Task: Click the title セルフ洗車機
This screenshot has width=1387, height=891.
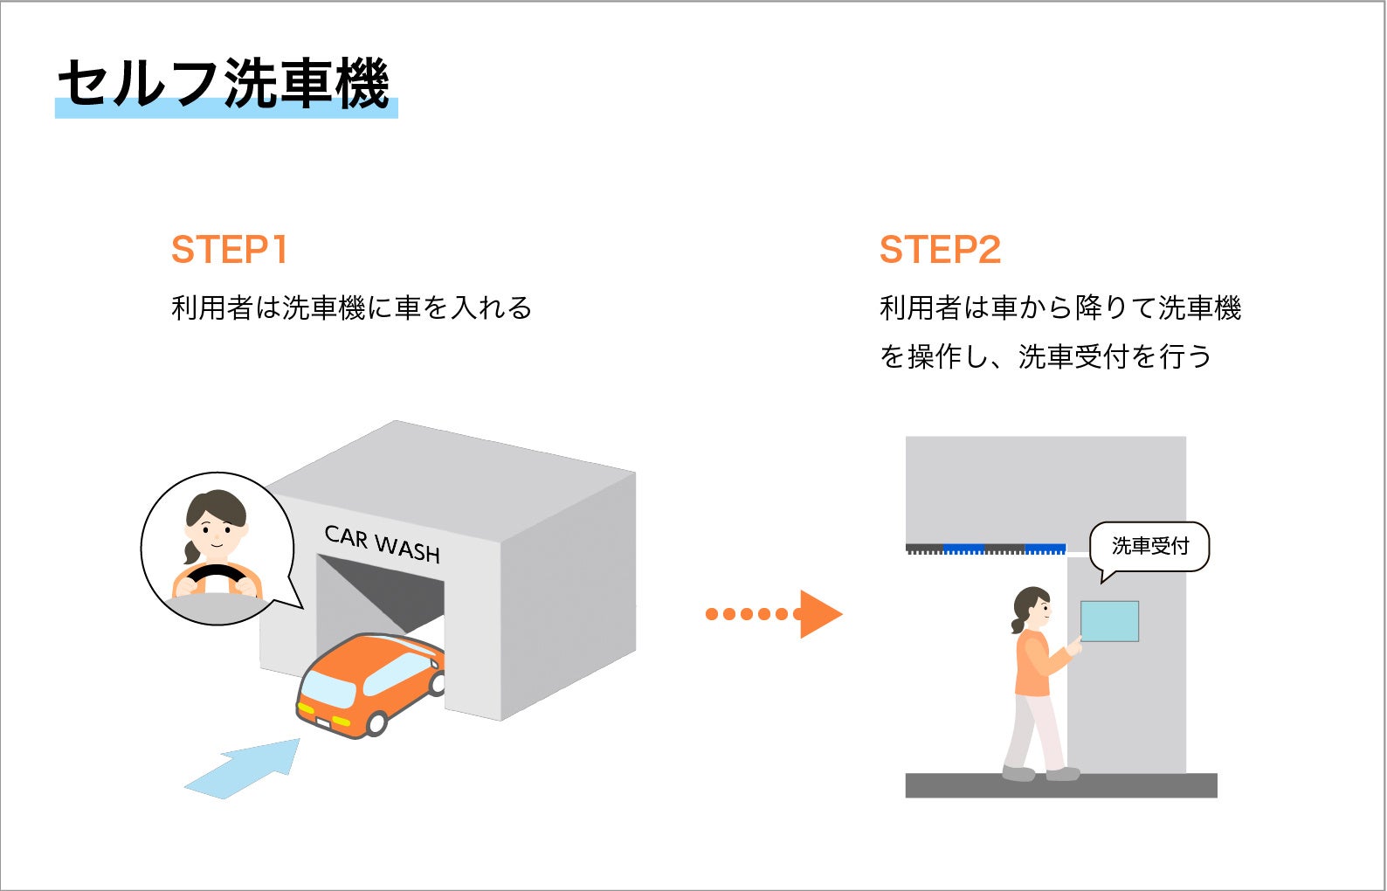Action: pos(224,84)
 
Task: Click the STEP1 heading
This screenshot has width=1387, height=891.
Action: pos(229,250)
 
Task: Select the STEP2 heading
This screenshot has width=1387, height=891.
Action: pos(940,250)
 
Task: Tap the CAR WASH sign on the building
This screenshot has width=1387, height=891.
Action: pos(382,544)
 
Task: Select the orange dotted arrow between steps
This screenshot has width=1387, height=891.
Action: pos(773,613)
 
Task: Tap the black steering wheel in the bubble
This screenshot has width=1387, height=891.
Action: pos(215,577)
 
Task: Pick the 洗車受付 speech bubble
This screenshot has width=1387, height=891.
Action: pos(1149,547)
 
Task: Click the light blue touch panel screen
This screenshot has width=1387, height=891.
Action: pos(1109,621)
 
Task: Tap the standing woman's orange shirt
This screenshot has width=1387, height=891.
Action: pos(1036,664)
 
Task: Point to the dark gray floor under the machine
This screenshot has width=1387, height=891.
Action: pos(1060,785)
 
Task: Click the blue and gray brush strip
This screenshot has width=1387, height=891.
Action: pos(985,549)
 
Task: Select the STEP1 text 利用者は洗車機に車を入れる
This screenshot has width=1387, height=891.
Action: pos(351,308)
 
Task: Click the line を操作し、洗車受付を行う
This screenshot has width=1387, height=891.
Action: pos(1045,356)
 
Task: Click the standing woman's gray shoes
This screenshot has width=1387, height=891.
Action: pos(1039,773)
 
